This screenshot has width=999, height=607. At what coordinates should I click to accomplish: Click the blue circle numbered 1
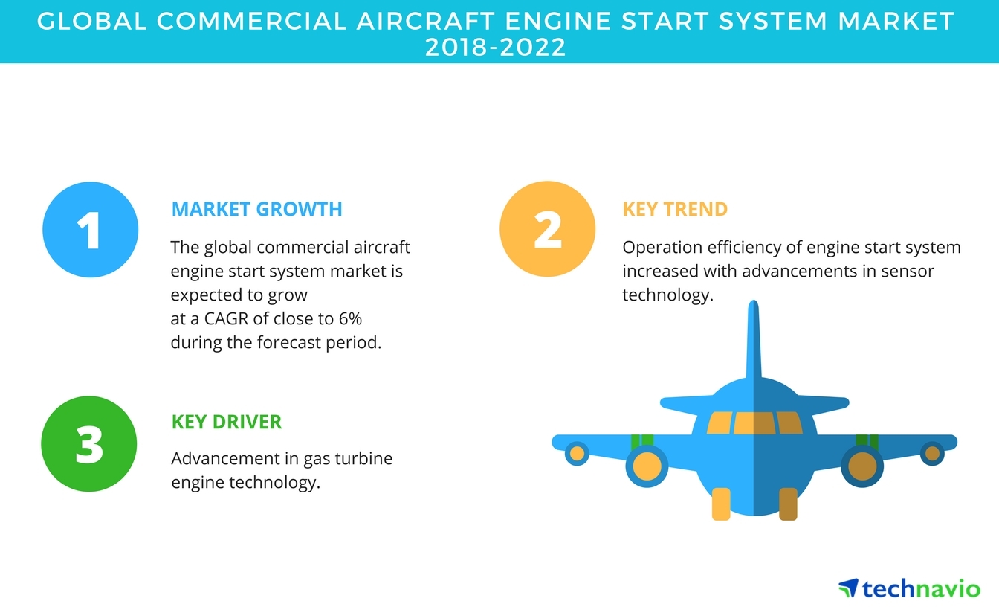90,229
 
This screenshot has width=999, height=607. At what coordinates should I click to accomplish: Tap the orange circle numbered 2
547,229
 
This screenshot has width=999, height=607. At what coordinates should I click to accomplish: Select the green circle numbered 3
90,444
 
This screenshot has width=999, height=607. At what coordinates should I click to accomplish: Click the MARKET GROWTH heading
256,209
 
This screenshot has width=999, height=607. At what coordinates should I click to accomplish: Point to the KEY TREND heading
675,209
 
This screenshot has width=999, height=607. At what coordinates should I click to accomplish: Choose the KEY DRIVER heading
227,423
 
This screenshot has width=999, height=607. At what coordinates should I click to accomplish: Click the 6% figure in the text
350,319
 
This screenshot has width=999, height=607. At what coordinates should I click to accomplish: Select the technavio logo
908,588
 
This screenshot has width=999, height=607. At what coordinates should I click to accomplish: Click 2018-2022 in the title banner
496,47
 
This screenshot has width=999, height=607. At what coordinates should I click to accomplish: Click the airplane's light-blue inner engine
646,466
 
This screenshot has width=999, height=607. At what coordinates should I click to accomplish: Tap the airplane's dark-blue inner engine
862,466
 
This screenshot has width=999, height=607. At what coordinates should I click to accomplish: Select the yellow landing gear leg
721,504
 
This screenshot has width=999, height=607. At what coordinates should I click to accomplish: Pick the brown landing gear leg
788,504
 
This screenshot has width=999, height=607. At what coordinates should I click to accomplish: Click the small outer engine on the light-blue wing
577,453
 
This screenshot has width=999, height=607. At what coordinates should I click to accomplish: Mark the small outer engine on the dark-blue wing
931,453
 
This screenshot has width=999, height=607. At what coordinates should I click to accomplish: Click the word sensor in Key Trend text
907,272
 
